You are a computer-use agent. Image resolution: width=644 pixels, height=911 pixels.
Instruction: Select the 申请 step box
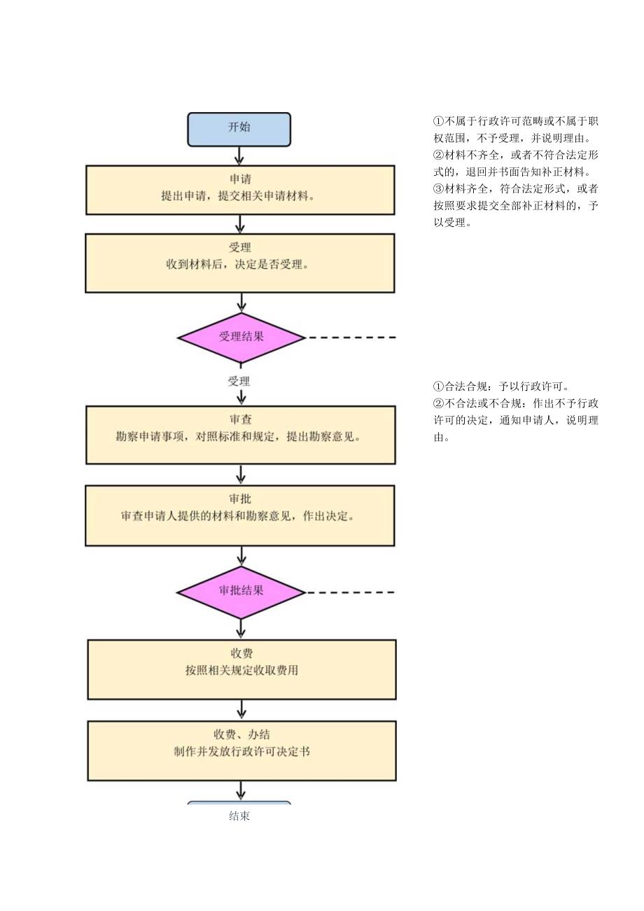[240, 190]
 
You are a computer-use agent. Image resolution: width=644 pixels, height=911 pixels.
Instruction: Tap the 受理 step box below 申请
[240, 263]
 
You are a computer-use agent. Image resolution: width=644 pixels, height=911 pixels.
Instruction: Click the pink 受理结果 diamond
[241, 338]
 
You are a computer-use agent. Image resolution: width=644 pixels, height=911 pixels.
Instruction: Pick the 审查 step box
[240, 435]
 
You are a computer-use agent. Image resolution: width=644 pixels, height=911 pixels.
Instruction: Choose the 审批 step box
[240, 515]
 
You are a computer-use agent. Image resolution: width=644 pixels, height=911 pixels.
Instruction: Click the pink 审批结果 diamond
[241, 592]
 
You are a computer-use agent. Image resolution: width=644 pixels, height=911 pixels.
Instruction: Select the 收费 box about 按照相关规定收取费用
[241, 669]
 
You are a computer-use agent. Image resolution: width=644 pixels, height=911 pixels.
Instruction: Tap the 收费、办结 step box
[241, 751]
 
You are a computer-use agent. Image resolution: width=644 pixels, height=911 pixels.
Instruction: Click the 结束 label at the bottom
[239, 816]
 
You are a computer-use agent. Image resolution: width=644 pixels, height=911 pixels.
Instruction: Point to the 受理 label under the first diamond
[239, 382]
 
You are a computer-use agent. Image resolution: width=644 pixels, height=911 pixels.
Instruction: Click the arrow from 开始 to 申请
[239, 155]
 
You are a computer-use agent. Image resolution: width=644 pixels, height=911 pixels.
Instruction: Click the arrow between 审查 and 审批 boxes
[241, 475]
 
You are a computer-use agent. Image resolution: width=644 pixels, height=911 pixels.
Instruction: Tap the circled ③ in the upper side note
[439, 189]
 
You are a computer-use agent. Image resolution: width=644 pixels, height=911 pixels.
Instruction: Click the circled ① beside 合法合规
[439, 387]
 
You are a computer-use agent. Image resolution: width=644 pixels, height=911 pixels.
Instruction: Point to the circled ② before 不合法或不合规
[439, 403]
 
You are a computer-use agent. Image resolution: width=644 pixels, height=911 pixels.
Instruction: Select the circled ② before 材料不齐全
[439, 155]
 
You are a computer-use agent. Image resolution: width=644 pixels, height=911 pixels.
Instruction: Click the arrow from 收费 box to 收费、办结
[241, 709]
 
